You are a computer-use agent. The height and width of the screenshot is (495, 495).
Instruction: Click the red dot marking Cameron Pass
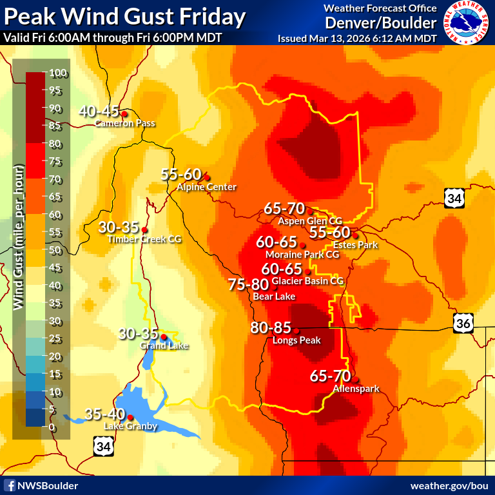click(x=124, y=114)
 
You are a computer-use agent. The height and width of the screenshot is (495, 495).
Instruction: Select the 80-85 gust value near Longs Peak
click(x=271, y=328)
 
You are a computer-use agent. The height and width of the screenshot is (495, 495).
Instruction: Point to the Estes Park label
click(x=354, y=245)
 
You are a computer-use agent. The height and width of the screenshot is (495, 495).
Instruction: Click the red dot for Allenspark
click(x=354, y=380)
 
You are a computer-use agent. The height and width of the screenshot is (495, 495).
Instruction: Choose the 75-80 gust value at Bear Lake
click(x=248, y=285)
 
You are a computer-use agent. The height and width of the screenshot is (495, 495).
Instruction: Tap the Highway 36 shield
click(x=462, y=324)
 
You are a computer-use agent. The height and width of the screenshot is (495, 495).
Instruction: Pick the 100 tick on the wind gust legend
click(x=55, y=72)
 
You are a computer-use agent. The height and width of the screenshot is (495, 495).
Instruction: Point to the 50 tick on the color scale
click(x=55, y=250)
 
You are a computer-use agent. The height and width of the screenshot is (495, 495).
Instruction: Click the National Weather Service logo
click(x=466, y=23)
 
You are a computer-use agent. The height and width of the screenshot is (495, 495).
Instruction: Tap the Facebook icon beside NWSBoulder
click(x=10, y=485)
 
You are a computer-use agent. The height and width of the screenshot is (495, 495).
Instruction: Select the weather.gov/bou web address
click(x=449, y=485)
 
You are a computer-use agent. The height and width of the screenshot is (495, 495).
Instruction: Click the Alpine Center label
click(x=206, y=187)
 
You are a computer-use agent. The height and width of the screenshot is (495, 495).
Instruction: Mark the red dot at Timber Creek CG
click(x=144, y=229)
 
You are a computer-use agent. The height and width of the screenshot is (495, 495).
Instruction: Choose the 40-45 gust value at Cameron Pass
click(x=100, y=111)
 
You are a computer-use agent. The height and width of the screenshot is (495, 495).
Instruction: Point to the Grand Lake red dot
click(x=164, y=336)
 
